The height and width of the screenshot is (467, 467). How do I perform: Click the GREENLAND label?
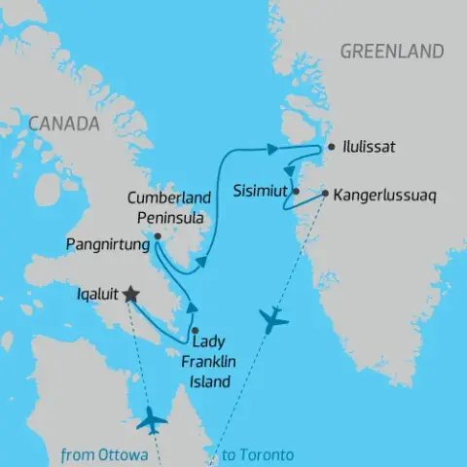pos(391,52)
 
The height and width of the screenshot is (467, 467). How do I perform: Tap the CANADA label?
pos(64,124)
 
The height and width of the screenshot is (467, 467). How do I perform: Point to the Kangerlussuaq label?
pos(385,196)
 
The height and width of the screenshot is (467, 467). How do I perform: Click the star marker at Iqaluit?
pos(130,295)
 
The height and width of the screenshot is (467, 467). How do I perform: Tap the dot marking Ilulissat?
pos(332,148)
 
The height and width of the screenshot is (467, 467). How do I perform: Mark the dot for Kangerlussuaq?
pos(325,192)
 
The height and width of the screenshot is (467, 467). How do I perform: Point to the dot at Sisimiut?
pos(296,192)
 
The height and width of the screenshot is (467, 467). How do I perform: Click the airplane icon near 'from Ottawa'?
pos(153,421)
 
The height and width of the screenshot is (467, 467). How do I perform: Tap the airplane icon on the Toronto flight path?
pos(274,318)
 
